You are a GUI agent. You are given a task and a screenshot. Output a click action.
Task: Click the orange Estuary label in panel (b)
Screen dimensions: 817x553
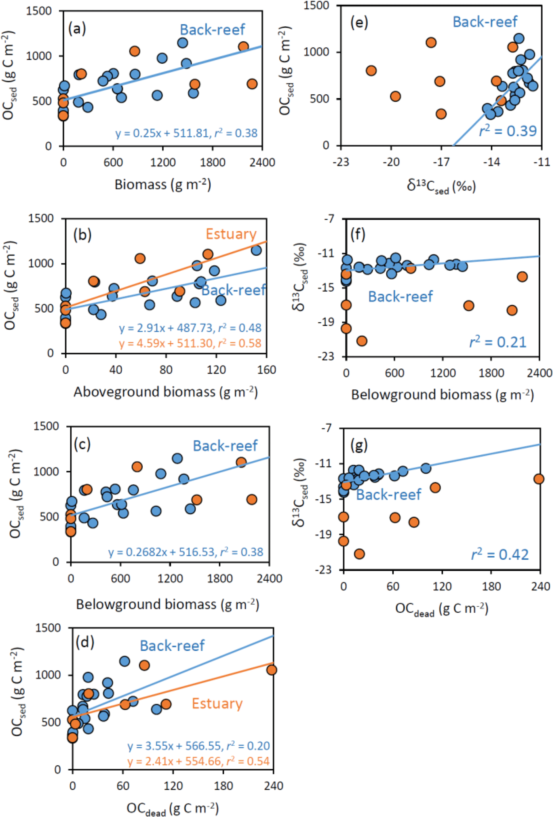pos(231,234)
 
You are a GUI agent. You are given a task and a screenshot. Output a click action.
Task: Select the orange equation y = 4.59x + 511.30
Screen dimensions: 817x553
pos(190,343)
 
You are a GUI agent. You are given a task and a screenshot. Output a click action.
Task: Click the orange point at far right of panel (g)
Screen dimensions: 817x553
pos(539,479)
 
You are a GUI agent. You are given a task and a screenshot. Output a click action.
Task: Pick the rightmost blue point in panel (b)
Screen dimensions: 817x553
pos(256,250)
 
